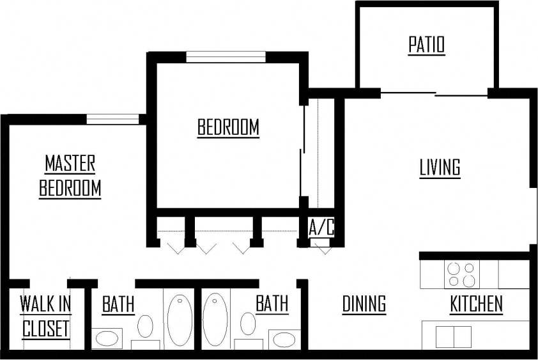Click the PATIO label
426,45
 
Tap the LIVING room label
440,168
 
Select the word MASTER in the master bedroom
70,164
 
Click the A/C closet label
321,228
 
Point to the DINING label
364,304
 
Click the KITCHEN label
477,304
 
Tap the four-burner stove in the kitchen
461,275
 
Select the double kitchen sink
453,336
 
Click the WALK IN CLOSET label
45,317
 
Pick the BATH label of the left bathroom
118,304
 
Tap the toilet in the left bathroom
146,327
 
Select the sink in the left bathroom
108,338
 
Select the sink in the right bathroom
281,338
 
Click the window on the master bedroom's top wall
112,119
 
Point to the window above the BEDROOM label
226,56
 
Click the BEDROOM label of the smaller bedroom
228,127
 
